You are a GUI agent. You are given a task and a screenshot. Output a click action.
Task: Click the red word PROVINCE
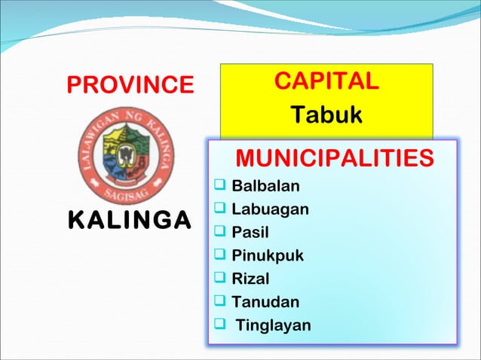(130, 85)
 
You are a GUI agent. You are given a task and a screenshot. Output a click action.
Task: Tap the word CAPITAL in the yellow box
(326, 81)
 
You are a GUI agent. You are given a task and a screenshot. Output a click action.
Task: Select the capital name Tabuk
(326, 115)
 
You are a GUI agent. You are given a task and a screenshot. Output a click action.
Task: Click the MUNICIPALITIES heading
(334, 159)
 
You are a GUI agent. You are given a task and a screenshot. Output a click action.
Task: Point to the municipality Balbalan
(265, 186)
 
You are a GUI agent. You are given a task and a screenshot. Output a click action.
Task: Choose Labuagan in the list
(270, 209)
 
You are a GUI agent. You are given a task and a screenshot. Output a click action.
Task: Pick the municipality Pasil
(250, 233)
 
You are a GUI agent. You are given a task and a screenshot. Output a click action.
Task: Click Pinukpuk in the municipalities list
(268, 255)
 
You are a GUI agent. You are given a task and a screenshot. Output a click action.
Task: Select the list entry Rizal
(250, 279)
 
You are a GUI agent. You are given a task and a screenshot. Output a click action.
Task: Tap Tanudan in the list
(265, 302)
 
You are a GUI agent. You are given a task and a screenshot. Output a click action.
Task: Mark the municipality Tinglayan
(273, 325)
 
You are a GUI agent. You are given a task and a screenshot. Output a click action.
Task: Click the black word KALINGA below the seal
(129, 221)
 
